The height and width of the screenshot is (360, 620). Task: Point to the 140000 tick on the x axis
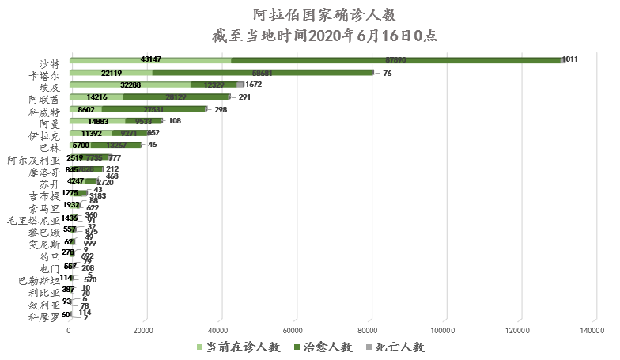pos(593,330)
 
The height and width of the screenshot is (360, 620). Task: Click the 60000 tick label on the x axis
pos(294,330)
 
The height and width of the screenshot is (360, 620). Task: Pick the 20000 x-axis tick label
pos(144,330)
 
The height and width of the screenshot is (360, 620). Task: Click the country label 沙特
pos(49,63)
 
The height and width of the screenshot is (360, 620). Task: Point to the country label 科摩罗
pos(44,318)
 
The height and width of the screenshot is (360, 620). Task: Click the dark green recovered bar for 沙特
pos(395,60)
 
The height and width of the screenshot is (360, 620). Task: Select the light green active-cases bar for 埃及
pos(130,85)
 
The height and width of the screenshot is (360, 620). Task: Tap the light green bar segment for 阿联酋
pos(96,97)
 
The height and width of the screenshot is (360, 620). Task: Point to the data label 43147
pos(150,60)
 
